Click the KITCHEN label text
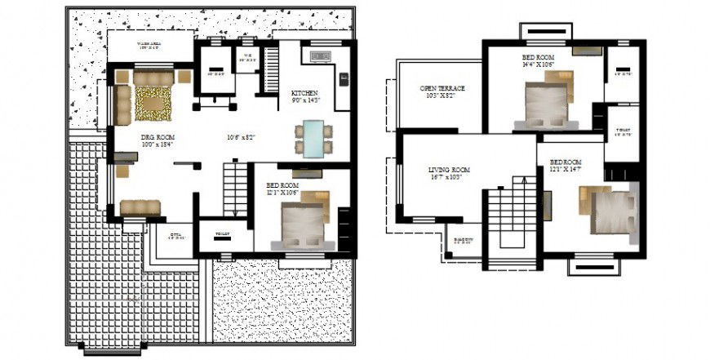click(304, 93)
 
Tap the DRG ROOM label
click(158, 136)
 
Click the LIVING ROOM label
click(450, 171)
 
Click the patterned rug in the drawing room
click(153, 104)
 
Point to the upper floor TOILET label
click(623, 130)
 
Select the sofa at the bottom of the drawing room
click(140, 207)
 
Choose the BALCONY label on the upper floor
click(463, 240)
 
